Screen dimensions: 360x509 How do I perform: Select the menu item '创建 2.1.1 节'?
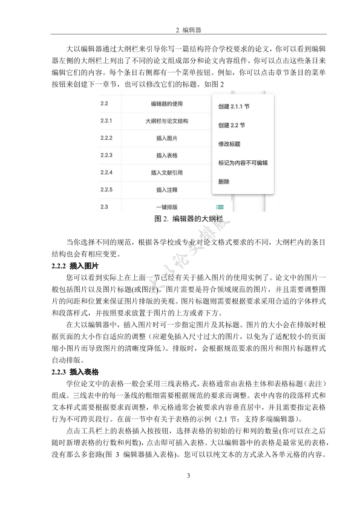[234, 106]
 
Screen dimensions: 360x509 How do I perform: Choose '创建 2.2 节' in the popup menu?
[231, 125]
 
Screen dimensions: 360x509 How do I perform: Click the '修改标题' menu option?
[229, 144]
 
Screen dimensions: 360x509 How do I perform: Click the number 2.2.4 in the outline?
[107, 173]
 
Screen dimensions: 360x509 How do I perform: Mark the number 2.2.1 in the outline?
[107, 122]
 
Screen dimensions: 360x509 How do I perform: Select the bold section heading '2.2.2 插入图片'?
[76, 266]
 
